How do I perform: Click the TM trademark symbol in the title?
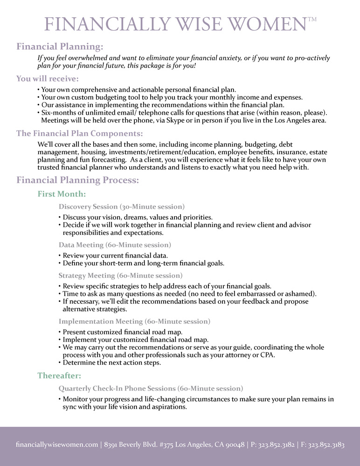click(x=312, y=19)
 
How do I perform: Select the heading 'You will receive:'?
click(x=48, y=78)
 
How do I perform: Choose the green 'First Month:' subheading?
click(x=62, y=194)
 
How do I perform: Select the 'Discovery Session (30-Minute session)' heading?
click(x=122, y=206)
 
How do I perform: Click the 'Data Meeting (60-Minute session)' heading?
click(x=115, y=245)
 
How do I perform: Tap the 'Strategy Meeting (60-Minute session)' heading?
click(x=120, y=275)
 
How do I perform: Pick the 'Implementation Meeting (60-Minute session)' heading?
click(x=134, y=321)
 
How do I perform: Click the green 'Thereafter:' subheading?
click(x=59, y=375)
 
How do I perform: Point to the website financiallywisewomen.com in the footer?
click(x=56, y=445)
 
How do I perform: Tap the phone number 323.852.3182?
click(x=273, y=445)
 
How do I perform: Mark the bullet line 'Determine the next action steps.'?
click(x=112, y=363)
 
